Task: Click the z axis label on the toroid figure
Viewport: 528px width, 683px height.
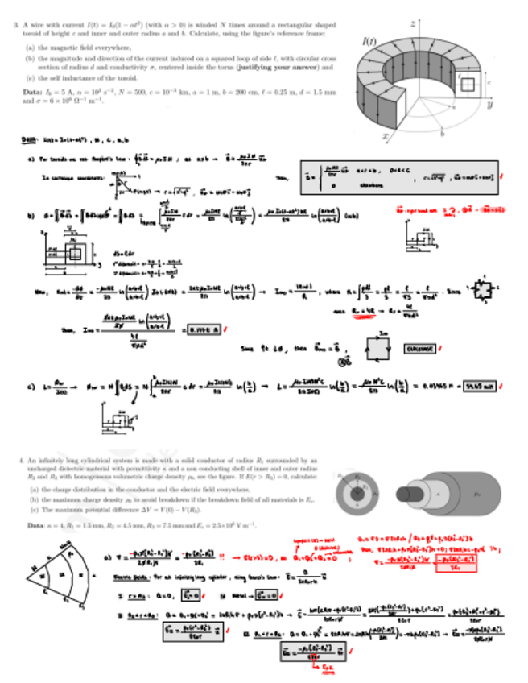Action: pos(412,24)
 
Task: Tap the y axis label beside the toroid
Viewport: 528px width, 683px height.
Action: pos(489,105)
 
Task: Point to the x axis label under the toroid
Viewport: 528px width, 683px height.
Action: pos(386,137)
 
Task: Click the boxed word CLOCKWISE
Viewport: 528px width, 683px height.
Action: pos(419,349)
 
